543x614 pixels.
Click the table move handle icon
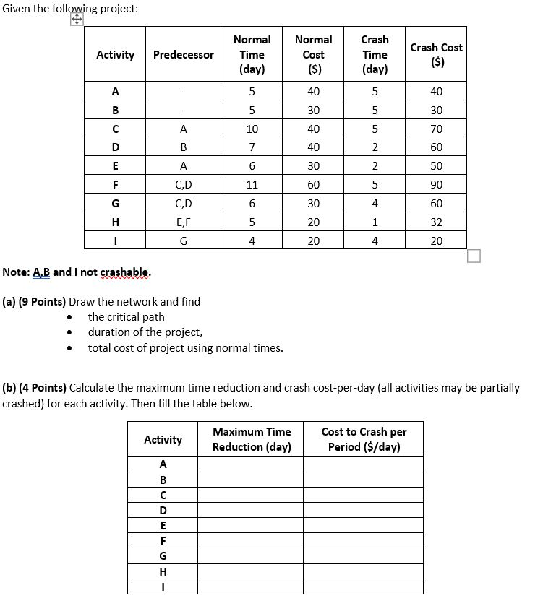[77, 21]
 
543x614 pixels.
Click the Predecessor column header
[184, 55]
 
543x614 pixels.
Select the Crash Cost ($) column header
[436, 55]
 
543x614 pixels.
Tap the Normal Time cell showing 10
[252, 129]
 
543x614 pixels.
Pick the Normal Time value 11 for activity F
[252, 185]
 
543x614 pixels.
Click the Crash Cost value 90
[436, 185]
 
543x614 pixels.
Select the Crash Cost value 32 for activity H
[436, 222]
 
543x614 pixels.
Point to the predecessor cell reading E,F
[184, 222]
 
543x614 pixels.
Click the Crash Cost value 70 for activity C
[436, 129]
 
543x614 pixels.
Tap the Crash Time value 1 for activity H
[375, 222]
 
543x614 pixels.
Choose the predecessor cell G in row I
[184, 241]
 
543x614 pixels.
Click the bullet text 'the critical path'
[126, 317]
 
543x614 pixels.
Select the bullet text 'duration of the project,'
[145, 332]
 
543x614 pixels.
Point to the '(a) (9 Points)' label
[34, 302]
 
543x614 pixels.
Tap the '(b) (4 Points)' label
[34, 388]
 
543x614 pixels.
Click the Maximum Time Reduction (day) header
[251, 439]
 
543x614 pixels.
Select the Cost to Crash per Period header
[363, 439]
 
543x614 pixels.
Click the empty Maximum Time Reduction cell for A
[251, 464]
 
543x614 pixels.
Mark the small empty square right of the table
[474, 256]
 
